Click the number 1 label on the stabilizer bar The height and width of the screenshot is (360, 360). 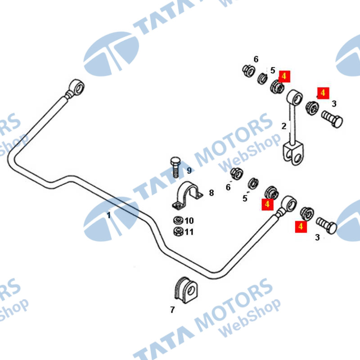pyautogui.click(x=108, y=215)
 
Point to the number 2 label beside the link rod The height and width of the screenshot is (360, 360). pyautogui.click(x=283, y=126)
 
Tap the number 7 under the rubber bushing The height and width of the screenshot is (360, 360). pyautogui.click(x=172, y=310)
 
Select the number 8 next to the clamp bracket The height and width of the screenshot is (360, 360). pyautogui.click(x=211, y=193)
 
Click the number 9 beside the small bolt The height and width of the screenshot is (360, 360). pyautogui.click(x=189, y=171)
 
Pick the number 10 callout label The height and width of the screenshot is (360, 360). pyautogui.click(x=189, y=221)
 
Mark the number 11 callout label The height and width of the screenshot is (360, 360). pyautogui.click(x=189, y=232)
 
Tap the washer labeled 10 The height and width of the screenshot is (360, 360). pyautogui.click(x=177, y=221)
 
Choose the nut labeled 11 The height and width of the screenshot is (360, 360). pyautogui.click(x=177, y=232)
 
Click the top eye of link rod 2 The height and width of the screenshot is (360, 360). pyautogui.click(x=294, y=97)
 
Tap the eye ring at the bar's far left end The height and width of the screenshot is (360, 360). pyautogui.click(x=77, y=87)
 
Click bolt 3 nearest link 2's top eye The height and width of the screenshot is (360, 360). pyautogui.click(x=333, y=121)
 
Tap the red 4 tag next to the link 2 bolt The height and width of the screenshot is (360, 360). pyautogui.click(x=323, y=93)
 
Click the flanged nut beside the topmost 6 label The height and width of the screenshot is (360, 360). pyautogui.click(x=247, y=71)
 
